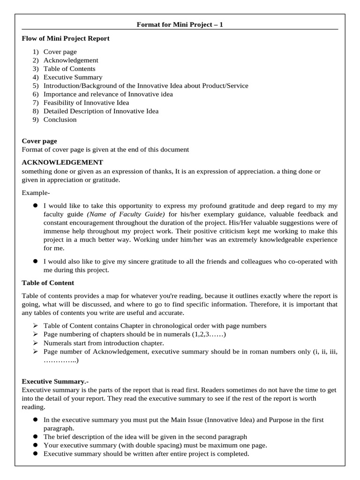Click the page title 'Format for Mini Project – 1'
click(180, 24)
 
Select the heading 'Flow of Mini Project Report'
click(66, 38)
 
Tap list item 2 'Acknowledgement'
click(71, 60)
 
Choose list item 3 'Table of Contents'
click(69, 69)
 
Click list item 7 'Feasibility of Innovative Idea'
click(86, 103)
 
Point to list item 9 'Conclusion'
click(60, 120)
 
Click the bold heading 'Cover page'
click(39, 141)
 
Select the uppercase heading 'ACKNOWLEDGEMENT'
click(62, 163)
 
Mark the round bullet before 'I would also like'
click(35, 262)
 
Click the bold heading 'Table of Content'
click(48, 283)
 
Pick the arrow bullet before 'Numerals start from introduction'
click(35, 343)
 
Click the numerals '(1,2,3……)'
click(209, 334)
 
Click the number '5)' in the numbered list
click(36, 86)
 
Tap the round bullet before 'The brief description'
click(35, 437)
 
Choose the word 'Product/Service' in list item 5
click(225, 86)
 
